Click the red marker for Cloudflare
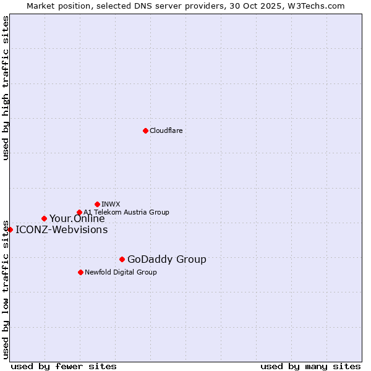coord(145,130)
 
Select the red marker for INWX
coord(97,204)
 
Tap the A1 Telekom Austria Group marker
coord(79,213)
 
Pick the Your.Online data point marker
coord(44,218)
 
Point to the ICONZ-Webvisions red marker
coord(10,229)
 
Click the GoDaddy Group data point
coord(122,259)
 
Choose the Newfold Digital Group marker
coord(80,272)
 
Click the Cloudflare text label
coord(166,130)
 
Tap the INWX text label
coord(111,204)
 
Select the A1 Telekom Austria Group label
coord(126,212)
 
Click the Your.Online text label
coord(77,218)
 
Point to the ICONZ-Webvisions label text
coord(61,229)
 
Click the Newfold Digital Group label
coord(121,272)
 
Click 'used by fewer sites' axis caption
coord(64,366)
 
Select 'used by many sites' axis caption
coord(310,366)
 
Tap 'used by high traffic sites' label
coord(6,88)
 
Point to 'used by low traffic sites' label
coord(6,289)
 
